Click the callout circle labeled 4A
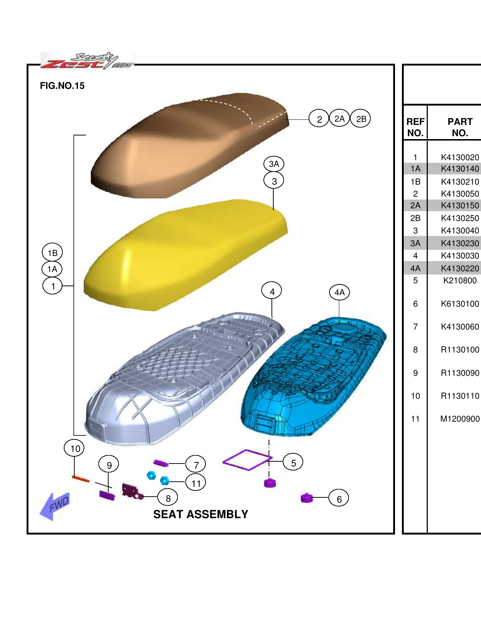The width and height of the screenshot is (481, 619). coord(339,292)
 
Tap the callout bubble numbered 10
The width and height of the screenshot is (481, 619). coord(74,448)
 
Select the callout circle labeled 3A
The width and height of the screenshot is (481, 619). coord(274,164)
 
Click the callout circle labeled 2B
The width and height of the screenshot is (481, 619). coord(361,119)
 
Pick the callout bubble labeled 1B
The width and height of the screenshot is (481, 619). coord(52,253)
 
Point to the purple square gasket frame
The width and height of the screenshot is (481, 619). coord(247,460)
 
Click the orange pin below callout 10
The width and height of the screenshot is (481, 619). coord(81,478)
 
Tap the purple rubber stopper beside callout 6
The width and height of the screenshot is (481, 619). coord(307,498)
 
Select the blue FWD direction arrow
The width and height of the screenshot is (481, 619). coord(55,506)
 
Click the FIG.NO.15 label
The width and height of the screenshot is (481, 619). coord(62,86)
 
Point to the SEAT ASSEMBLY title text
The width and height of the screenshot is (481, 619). coord(200,514)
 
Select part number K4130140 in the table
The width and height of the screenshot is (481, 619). coord(460,169)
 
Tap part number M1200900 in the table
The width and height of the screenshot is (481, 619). coord(460,419)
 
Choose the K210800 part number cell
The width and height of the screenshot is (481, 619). coord(460,281)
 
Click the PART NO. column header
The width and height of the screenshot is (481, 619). coord(460,127)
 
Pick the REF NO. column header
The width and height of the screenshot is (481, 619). coord(415,127)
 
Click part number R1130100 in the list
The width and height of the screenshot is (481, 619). coord(460,350)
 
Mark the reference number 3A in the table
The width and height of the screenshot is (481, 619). coord(415,243)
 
